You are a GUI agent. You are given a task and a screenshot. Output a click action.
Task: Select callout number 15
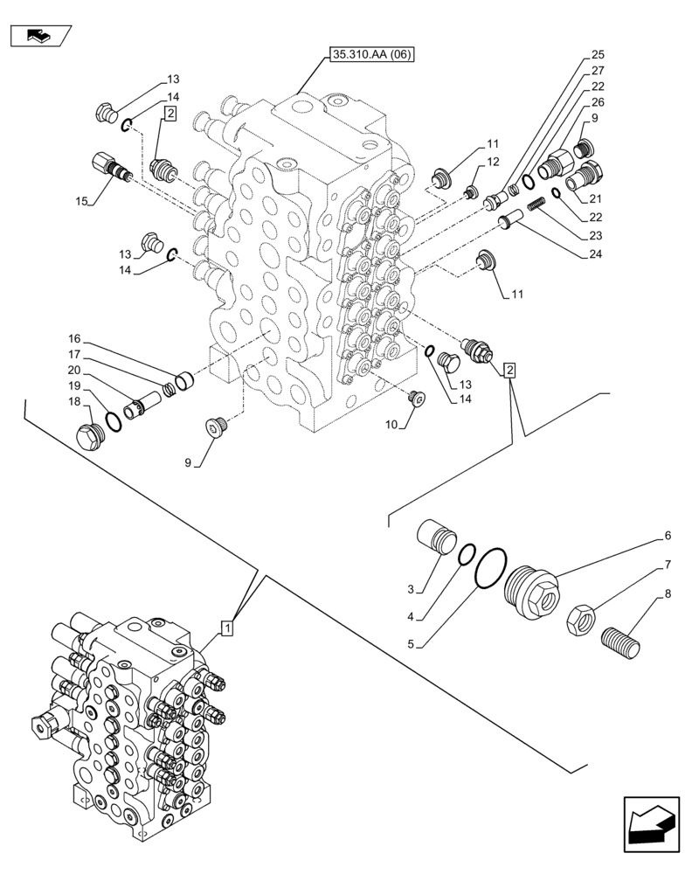tap(82, 202)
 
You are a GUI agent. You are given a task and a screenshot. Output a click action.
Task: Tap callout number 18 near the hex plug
tap(76, 401)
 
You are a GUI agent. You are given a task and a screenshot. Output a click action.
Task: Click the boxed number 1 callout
tap(226, 627)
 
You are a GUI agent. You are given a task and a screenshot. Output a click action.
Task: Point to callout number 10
tap(391, 424)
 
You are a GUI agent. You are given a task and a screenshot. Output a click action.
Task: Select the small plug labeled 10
tap(416, 399)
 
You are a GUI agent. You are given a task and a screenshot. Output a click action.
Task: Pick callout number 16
tap(74, 338)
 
